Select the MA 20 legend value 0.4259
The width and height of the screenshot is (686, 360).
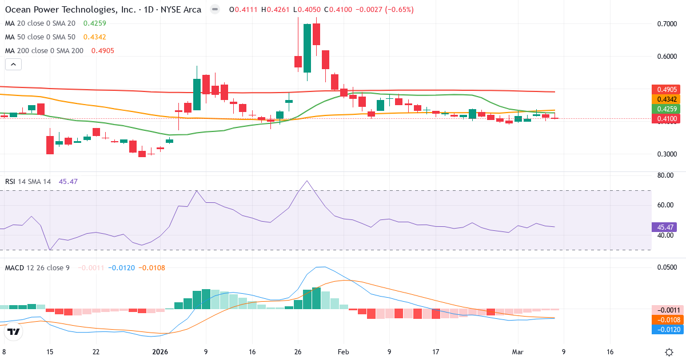pos(94,23)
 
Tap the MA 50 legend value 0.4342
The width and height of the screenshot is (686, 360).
pos(94,37)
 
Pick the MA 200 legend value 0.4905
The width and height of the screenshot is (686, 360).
pos(103,51)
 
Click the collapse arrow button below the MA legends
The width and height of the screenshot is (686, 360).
pos(13,65)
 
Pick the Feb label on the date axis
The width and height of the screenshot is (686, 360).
pos(342,353)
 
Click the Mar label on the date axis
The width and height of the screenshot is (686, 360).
pos(517,353)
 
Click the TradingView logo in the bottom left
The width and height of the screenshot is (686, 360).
pos(14,331)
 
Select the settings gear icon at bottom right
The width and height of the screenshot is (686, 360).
pos(669,352)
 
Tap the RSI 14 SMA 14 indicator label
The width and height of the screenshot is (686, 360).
pos(28,181)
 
